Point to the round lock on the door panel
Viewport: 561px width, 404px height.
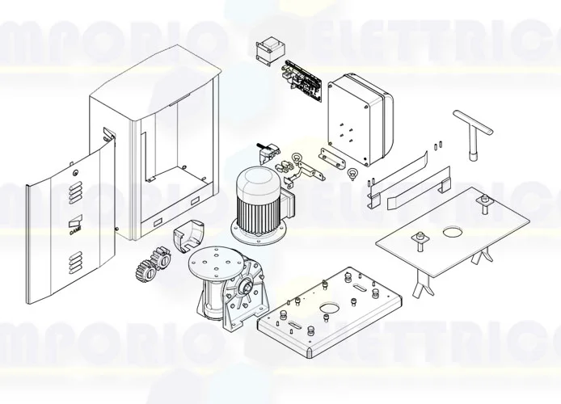[x=75, y=171]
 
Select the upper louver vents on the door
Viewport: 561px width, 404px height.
[x=75, y=193]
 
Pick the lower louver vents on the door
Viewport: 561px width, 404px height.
[x=75, y=261]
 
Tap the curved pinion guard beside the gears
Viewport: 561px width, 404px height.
[x=192, y=235]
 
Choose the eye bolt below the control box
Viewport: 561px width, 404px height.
[x=351, y=173]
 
